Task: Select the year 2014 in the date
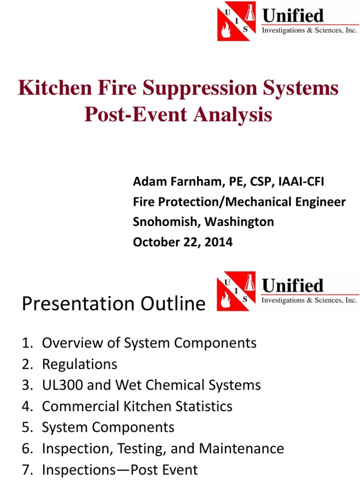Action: click(217, 242)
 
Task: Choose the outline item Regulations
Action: click(80, 364)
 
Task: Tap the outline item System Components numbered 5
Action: click(108, 427)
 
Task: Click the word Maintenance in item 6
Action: click(241, 449)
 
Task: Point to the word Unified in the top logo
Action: click(293, 16)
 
